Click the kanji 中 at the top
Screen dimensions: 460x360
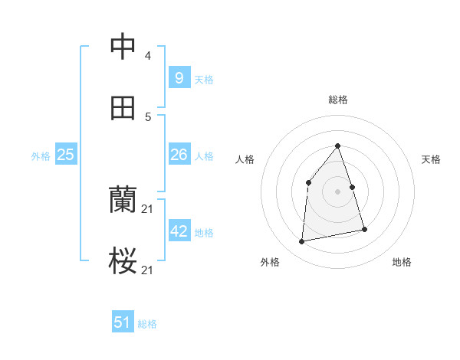(x=123, y=47)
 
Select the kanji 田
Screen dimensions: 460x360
(x=123, y=108)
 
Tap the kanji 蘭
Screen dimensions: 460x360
(x=123, y=201)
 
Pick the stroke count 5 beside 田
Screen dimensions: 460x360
(x=148, y=117)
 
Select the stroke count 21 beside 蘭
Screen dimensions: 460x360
(x=148, y=209)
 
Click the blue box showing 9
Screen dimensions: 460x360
(x=179, y=77)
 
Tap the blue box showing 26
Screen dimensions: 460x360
(x=179, y=155)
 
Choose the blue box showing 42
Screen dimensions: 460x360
(x=179, y=231)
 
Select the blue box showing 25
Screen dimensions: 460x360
(x=65, y=155)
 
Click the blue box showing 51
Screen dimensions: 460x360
(x=122, y=322)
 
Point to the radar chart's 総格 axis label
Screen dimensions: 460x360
(x=337, y=100)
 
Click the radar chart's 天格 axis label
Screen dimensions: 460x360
(x=431, y=159)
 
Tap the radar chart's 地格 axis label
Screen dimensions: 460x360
(x=402, y=262)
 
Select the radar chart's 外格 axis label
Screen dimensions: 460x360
(x=270, y=262)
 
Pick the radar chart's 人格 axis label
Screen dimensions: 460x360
(x=245, y=159)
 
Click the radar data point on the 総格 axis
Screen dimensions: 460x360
(x=337, y=146)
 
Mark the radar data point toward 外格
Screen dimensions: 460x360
(x=302, y=241)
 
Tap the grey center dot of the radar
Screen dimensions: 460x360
(x=337, y=191)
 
